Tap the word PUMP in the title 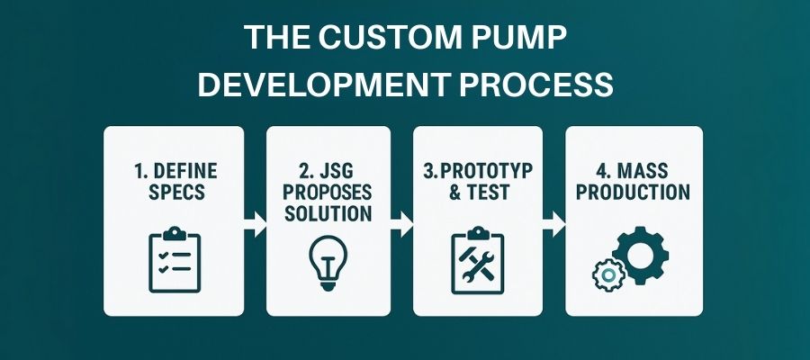[526, 37]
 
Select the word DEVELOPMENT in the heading [324, 85]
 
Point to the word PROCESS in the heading [536, 85]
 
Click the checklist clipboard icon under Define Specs [175, 259]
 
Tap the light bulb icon [328, 262]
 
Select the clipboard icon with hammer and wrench [477, 260]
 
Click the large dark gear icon [641, 256]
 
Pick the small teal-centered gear [609, 275]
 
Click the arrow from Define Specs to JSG [256, 223]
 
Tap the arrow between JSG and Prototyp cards [402, 223]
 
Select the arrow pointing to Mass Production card [554, 223]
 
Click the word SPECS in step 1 [176, 192]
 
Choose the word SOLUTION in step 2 [328, 213]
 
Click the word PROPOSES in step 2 [328, 192]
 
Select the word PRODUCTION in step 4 [634, 192]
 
